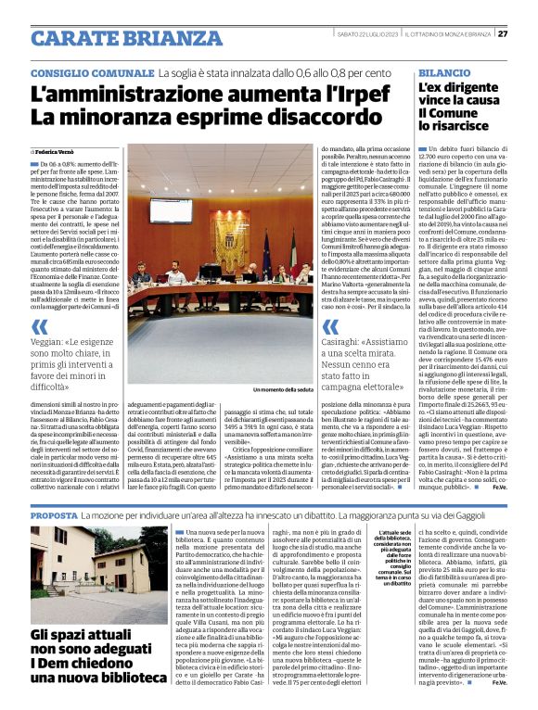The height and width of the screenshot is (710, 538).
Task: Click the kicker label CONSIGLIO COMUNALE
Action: pos(91,72)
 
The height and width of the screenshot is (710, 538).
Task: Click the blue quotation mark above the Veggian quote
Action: pos(40,326)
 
